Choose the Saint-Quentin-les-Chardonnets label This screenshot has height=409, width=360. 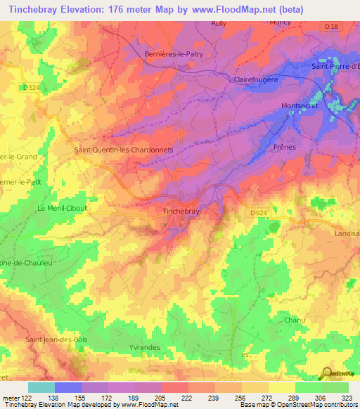tap(133, 150)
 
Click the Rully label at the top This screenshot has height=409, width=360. tap(220, 23)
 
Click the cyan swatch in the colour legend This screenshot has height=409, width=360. tap(41, 387)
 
